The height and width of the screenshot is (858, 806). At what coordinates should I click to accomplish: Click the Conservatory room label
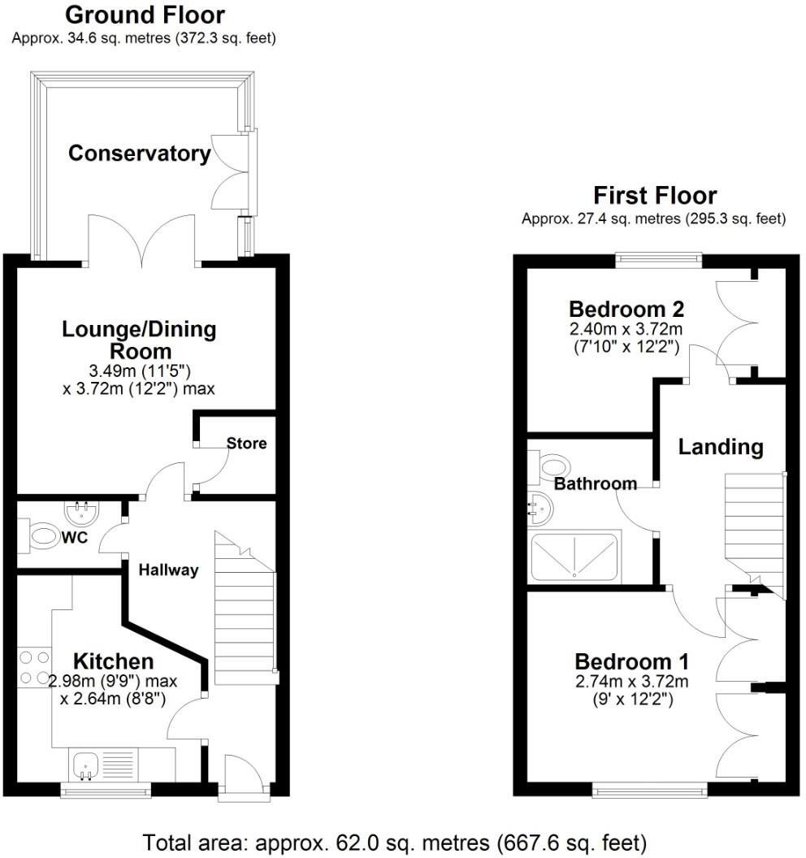pos(139,153)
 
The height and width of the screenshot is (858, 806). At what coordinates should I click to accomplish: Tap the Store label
pos(246,444)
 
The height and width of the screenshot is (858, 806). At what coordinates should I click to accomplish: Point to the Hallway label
pos(168,570)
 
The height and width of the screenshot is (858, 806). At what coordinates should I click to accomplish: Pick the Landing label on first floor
pos(721,446)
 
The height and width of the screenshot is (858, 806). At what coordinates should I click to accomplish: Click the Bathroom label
pos(595,484)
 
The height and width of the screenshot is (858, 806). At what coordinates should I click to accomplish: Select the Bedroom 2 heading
pos(626,310)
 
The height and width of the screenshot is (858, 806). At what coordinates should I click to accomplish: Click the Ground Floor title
pos(145,15)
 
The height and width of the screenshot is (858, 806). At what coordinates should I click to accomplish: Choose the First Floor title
pos(654,196)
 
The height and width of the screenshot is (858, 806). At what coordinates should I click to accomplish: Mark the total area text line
pos(395,840)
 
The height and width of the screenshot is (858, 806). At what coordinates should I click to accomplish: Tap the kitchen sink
pos(85,765)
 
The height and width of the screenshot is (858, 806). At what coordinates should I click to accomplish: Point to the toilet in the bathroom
pos(552,466)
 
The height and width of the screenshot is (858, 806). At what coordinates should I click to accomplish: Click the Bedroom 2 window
pos(658,259)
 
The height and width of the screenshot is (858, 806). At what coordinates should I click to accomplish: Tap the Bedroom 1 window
pos(649,790)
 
